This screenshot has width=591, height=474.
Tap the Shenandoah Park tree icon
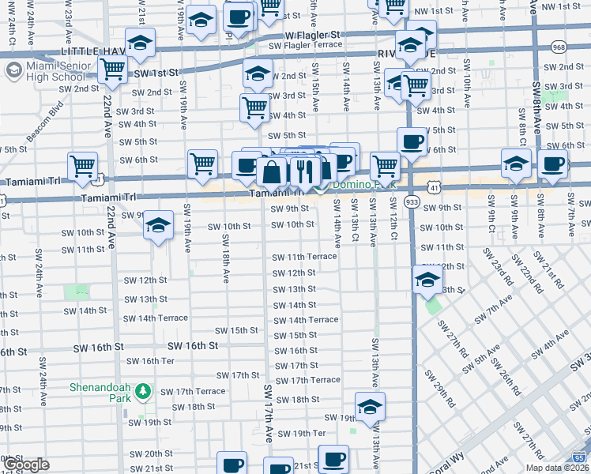[x=143, y=391]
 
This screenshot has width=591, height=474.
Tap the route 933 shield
[x=412, y=202]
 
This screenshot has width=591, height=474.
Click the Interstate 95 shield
[x=581, y=457]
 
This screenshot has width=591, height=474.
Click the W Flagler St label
[x=312, y=36]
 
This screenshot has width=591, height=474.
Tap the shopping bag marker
[x=271, y=171]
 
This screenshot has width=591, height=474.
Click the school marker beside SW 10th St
[x=158, y=225]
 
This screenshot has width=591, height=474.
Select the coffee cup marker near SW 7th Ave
[x=552, y=164]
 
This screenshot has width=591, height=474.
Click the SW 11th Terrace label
[x=304, y=258]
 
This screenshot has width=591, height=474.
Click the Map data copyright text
[x=556, y=468]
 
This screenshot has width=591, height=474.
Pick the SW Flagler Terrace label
[x=305, y=46]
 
